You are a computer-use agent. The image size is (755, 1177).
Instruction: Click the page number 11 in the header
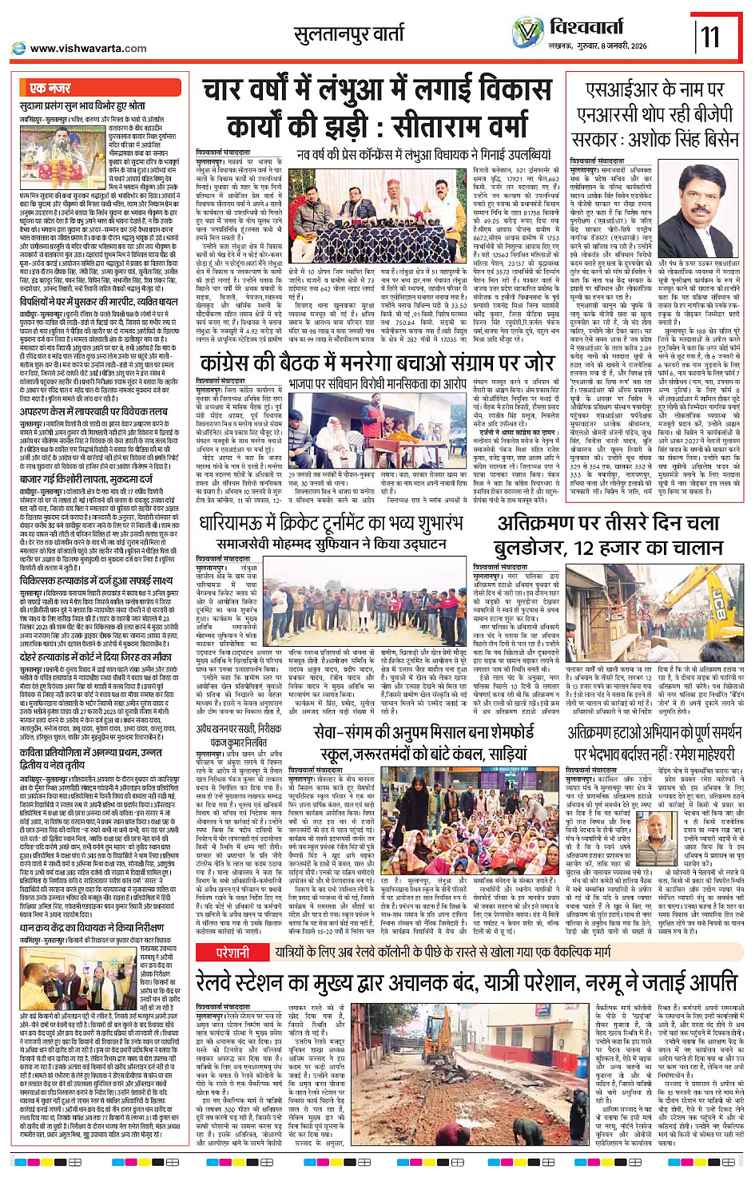[x=710, y=37]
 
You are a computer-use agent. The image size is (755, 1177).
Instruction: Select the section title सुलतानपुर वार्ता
[x=349, y=34]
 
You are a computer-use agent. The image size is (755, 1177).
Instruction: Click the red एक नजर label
[x=50, y=87]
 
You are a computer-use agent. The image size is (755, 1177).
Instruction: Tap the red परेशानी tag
[x=232, y=953]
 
